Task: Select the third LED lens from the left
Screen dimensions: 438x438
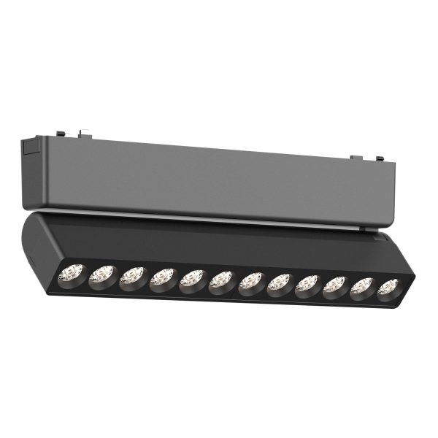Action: pos(131,276)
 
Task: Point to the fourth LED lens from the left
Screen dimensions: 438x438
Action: pos(162,277)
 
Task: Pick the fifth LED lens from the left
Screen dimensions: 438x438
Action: pos(192,279)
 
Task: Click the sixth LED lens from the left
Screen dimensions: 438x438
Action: pos(221,280)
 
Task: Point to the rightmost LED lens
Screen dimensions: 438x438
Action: pos(388,288)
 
